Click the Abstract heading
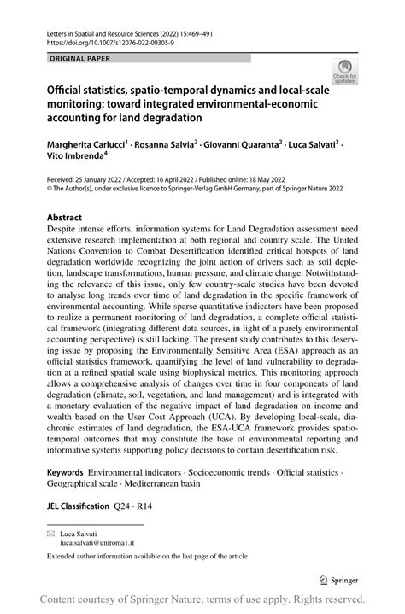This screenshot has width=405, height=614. pyautogui.click(x=64, y=217)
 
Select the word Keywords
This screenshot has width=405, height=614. pyautogui.click(x=65, y=472)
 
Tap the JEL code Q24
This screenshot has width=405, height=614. pyautogui.click(x=126, y=504)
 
